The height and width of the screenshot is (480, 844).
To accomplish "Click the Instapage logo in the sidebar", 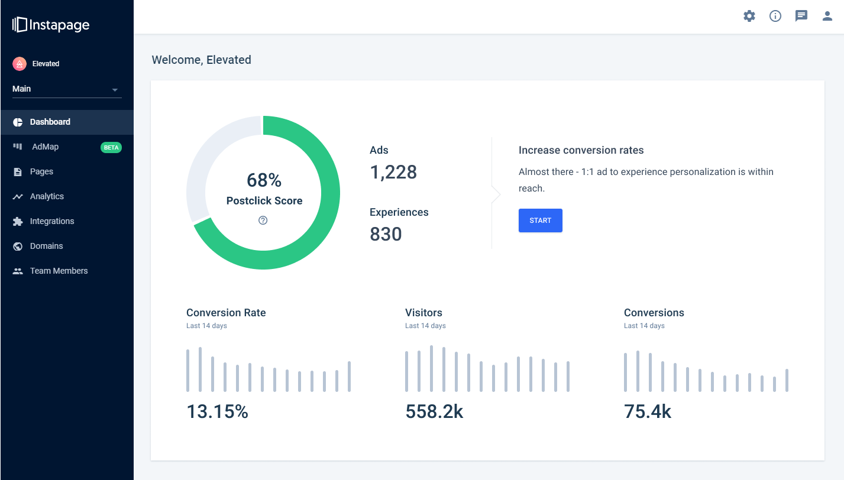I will (x=51, y=25).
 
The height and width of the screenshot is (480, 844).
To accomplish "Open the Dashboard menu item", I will (x=50, y=122).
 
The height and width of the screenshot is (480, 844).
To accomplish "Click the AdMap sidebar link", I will (x=45, y=147).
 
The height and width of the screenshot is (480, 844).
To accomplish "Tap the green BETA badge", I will (x=111, y=147).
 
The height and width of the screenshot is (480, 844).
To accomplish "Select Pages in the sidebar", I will (x=41, y=171).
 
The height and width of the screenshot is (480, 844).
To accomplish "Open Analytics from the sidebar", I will (x=47, y=196).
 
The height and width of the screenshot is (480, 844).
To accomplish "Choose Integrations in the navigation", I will (x=52, y=221).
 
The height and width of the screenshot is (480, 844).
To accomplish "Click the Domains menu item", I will (x=46, y=246).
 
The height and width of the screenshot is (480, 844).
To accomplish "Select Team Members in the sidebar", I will (x=59, y=271).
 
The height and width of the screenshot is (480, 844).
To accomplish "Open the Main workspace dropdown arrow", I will (x=115, y=90).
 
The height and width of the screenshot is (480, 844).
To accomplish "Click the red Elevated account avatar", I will (x=20, y=64).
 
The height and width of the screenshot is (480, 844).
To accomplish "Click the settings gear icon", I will (x=749, y=16).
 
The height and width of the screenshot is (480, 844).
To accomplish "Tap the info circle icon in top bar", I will (x=775, y=16).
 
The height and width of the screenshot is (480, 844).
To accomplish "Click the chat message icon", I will (x=801, y=16).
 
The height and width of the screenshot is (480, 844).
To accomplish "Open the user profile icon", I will (x=827, y=16).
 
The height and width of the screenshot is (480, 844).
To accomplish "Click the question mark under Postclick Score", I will (x=263, y=220).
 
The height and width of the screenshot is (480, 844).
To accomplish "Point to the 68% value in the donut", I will (x=264, y=180).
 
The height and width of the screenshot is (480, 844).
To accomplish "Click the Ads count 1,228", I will (x=393, y=172).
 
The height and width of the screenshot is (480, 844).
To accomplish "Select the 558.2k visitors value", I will (x=434, y=411).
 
